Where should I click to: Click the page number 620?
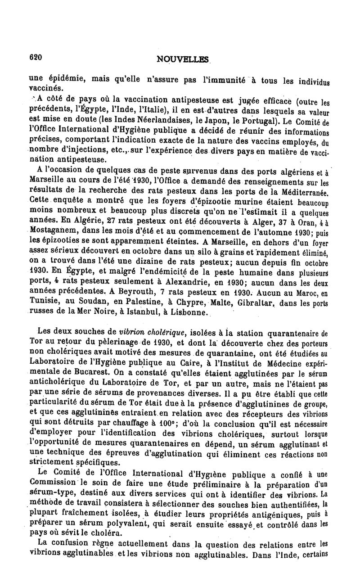(x=35, y=57)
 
